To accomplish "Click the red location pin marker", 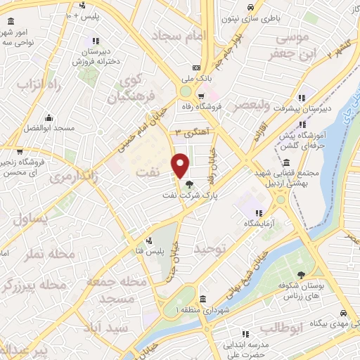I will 181,165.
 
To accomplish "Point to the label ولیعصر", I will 247,105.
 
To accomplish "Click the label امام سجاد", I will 181,34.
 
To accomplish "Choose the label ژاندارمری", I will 73,177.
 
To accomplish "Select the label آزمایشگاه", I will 259,222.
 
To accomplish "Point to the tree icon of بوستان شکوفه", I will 302,275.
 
